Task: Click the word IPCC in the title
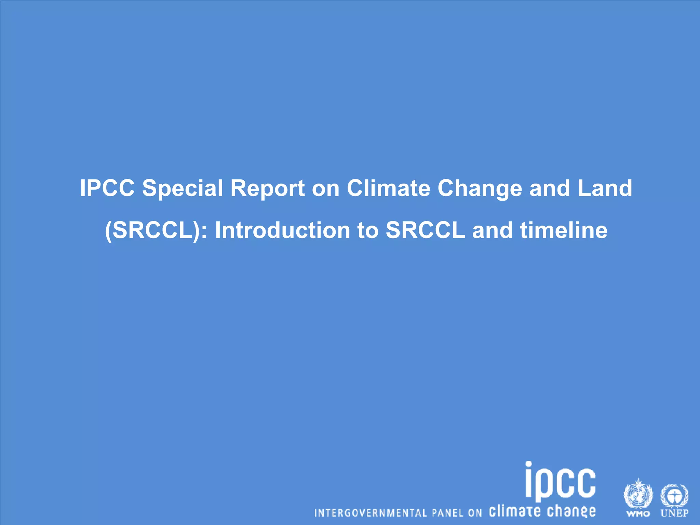[107, 188]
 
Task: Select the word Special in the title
[183, 188]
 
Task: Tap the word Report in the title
[267, 188]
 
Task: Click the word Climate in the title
[388, 188]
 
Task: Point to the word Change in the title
[480, 188]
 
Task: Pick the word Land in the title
[605, 188]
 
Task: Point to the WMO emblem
[638, 494]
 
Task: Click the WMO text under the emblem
[638, 513]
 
